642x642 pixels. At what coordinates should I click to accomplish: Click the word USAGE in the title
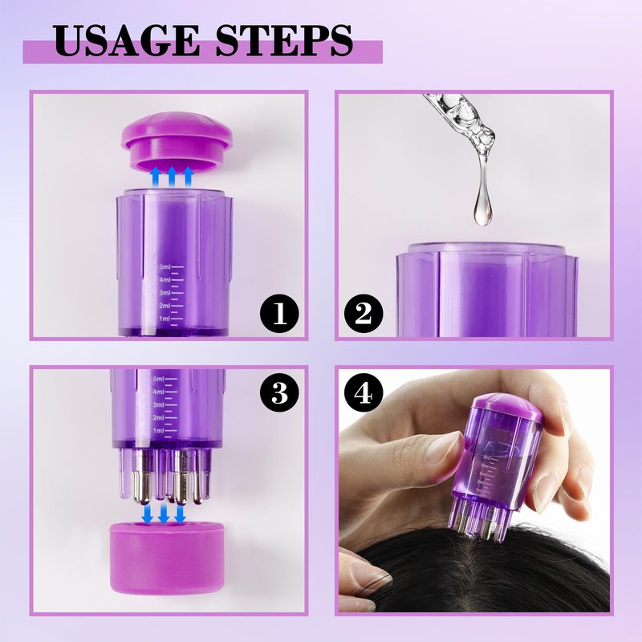(x=126, y=40)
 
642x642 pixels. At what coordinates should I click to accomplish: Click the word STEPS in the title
(x=284, y=40)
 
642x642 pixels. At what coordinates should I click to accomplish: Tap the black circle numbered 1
(x=279, y=314)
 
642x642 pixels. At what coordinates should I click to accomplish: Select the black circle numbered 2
(x=364, y=314)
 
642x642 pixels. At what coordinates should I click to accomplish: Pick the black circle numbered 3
(x=279, y=392)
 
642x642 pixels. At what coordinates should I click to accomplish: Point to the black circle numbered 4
(x=364, y=393)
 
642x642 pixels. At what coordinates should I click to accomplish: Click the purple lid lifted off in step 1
(x=177, y=141)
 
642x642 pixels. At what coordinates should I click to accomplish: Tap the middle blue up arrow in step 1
(x=172, y=177)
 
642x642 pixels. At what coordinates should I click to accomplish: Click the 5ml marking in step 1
(x=165, y=267)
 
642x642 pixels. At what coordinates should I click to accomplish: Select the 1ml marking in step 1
(x=165, y=319)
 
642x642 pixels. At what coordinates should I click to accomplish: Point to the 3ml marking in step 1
(x=165, y=293)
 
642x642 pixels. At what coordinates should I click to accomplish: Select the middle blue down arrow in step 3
(x=164, y=514)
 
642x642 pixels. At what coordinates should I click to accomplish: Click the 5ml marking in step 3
(x=158, y=379)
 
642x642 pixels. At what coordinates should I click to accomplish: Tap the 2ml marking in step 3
(x=158, y=417)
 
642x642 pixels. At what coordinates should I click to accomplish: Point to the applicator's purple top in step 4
(x=508, y=406)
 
